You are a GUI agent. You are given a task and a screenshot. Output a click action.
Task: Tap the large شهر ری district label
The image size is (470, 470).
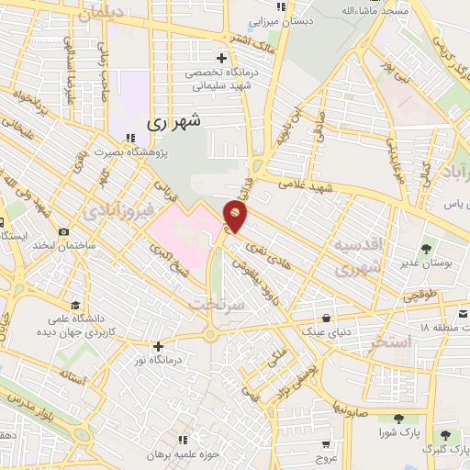[174, 121]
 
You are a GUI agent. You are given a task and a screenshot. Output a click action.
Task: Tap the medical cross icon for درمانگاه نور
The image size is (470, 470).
[159, 346]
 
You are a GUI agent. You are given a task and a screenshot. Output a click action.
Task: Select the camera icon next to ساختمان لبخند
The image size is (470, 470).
[63, 232]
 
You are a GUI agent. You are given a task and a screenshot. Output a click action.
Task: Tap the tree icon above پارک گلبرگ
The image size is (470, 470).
[445, 435]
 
